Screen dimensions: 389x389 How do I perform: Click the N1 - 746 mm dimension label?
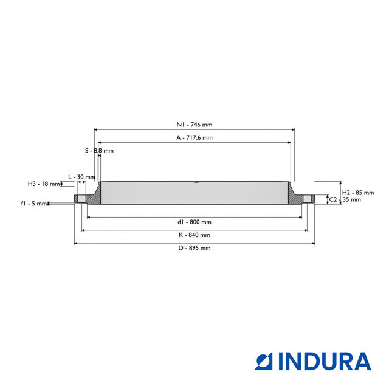(194, 125)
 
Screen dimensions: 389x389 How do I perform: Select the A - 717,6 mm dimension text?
(194, 138)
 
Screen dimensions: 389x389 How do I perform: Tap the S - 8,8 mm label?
(99, 151)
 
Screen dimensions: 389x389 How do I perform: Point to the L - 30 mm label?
(81, 177)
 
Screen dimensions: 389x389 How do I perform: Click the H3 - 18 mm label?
(44, 184)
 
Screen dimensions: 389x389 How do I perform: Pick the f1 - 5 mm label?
(34, 204)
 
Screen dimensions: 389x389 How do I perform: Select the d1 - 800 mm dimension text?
(194, 222)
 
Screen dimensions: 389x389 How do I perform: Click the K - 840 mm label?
(194, 235)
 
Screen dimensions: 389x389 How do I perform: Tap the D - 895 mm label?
(194, 248)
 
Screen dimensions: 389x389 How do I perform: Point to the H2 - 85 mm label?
(358, 193)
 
